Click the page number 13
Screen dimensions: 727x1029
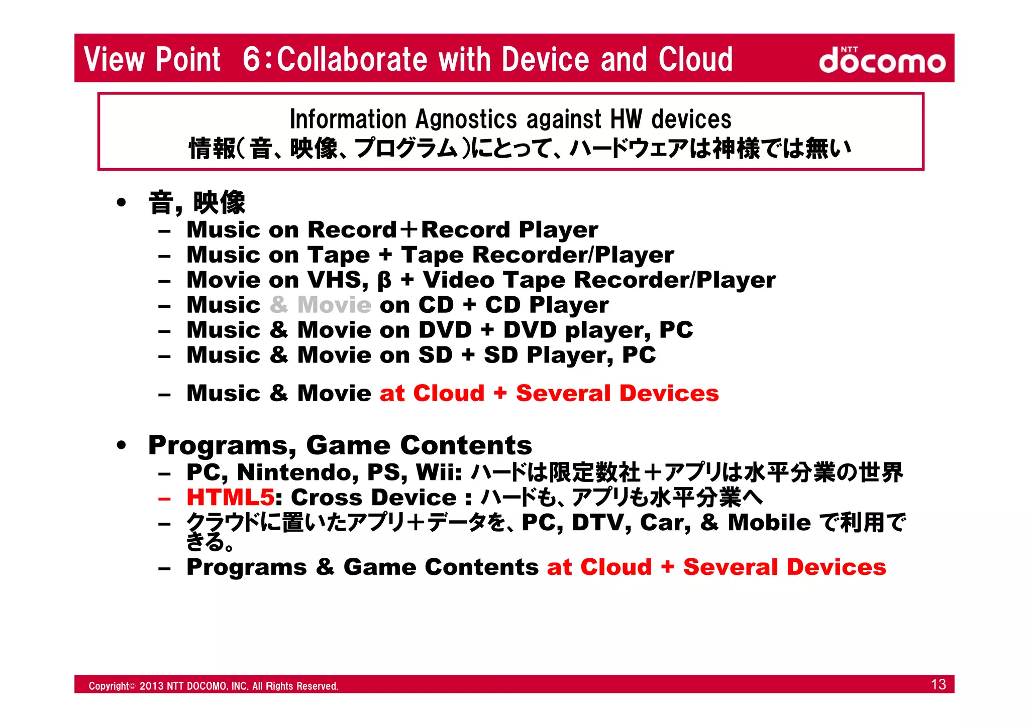pos(938,684)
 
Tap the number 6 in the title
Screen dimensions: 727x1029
pos(251,59)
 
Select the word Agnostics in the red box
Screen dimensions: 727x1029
pos(466,119)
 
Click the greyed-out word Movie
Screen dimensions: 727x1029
pos(334,305)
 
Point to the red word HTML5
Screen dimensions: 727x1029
pos(230,498)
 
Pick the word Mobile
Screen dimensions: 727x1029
pos(769,522)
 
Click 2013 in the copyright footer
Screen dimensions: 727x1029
pos(151,686)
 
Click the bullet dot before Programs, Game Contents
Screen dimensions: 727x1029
pos(121,445)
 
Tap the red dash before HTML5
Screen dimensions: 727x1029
pos(164,499)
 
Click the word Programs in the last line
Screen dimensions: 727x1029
pos(246,567)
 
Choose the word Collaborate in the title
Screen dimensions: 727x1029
pos(352,59)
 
